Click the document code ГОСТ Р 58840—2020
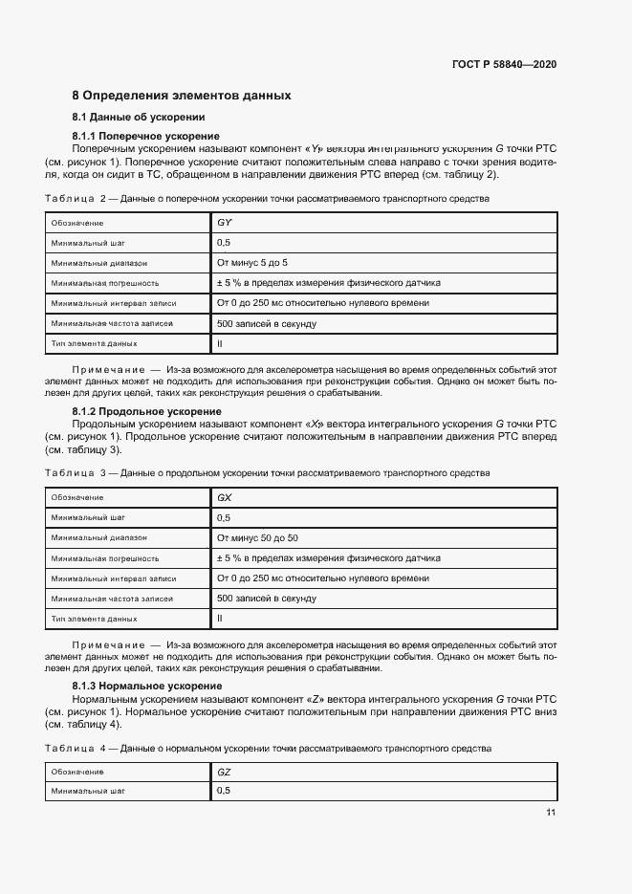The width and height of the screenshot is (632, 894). point(504,64)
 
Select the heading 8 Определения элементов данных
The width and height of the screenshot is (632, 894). point(182,96)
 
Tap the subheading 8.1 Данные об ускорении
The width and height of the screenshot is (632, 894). point(140,118)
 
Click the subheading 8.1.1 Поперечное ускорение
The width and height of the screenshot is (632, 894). point(145,138)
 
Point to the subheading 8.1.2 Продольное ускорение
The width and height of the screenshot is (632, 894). point(146,412)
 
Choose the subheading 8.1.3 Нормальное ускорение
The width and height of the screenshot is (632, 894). point(147,687)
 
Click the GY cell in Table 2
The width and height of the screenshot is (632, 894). point(225,223)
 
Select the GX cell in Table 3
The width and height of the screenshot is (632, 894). point(225,498)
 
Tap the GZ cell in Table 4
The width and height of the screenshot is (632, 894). point(225,772)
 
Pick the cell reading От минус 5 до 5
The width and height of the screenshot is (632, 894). point(252,262)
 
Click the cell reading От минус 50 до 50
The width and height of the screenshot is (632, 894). point(257,537)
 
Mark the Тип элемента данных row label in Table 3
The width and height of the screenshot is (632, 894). point(95,618)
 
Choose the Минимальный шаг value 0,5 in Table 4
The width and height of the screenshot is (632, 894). point(224,792)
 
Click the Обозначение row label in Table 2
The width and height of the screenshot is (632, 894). point(78,223)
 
